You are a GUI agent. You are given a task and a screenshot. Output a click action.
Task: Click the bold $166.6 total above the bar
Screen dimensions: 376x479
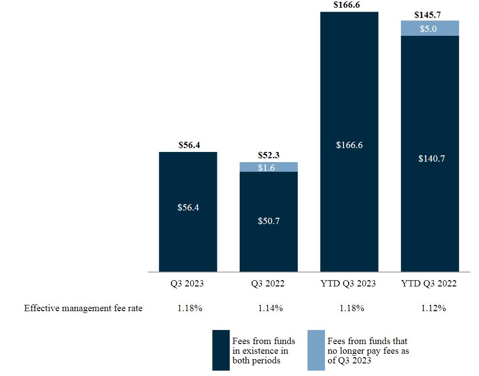pos(349,5)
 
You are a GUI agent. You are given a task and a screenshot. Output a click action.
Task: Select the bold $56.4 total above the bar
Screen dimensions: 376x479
pos(188,145)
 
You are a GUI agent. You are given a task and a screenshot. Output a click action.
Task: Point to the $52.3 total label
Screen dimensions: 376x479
pos(268,155)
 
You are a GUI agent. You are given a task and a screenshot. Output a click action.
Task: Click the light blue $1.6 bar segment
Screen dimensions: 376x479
pos(268,167)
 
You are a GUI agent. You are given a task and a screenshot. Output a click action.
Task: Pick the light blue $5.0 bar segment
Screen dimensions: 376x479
pos(429,29)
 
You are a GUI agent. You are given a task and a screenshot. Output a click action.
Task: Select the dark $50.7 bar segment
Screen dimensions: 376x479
pos(268,222)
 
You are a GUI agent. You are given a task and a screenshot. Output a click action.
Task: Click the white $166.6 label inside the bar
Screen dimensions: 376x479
pos(349,145)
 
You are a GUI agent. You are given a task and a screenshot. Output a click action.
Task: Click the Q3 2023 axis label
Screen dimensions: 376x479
pos(188,284)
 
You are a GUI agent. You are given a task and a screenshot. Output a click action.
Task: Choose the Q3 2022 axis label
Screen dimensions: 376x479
pos(268,284)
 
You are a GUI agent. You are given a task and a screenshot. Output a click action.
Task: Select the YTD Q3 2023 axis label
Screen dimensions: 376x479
pos(349,284)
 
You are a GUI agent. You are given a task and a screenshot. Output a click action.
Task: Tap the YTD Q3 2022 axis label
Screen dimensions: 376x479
pos(429,284)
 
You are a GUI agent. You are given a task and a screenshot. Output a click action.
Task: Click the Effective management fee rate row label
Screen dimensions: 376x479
pos(83,308)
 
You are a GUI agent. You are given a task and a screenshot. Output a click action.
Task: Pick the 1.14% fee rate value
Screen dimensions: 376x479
pos(268,308)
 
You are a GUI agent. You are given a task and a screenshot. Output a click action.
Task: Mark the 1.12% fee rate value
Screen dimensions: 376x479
pos(429,308)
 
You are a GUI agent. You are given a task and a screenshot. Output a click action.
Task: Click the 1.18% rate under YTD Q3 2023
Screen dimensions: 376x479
pos(349,308)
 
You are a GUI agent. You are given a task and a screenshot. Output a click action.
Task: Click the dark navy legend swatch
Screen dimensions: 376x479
pos(221,350)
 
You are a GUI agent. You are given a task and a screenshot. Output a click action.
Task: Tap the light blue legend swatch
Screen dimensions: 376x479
pos(316,350)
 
